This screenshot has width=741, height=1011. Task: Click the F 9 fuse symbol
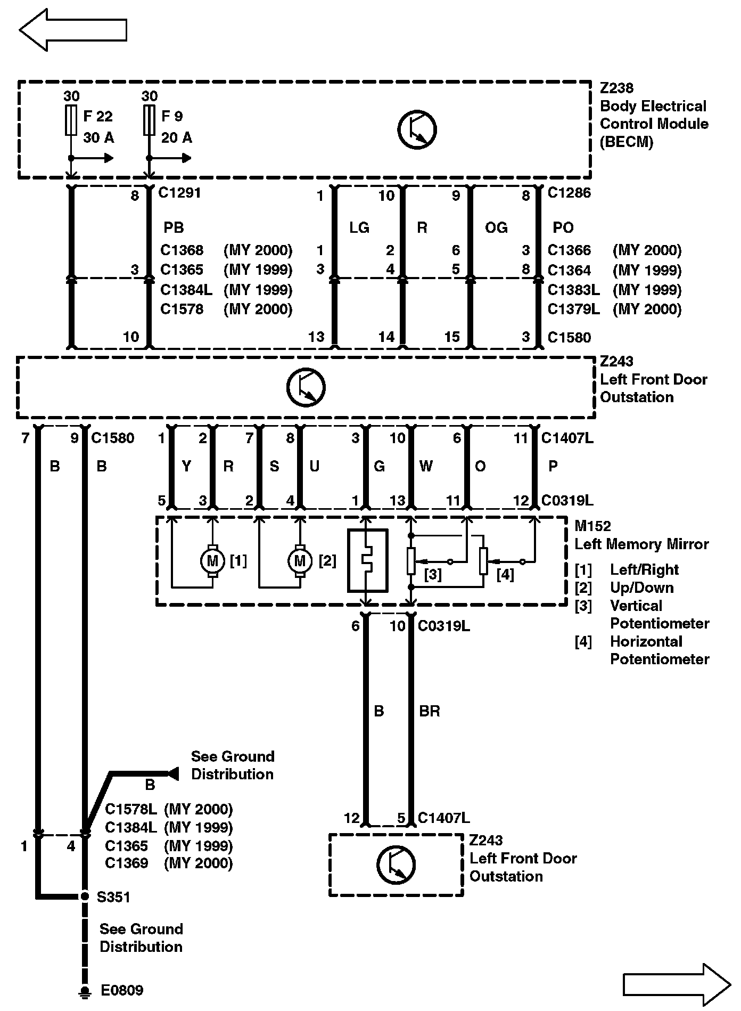pos(150,120)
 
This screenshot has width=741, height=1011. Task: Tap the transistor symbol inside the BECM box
pos(417,129)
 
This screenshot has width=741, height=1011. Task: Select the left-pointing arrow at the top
pos(73,30)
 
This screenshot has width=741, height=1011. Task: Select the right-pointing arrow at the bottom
pos(677,984)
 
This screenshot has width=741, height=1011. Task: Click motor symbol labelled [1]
pos(212,561)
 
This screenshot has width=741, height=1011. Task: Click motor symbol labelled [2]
pos(300,561)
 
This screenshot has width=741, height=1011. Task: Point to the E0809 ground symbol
pos(84,991)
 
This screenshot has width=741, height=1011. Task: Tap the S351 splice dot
pos(84,896)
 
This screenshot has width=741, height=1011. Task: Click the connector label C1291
pos(179,193)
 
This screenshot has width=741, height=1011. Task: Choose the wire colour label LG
pos(359,228)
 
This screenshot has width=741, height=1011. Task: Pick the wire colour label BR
pos(430,711)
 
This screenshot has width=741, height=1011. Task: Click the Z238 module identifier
pos(616,88)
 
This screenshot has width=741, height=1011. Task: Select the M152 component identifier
pos(592,526)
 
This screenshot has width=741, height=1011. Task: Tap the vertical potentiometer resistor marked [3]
pos(411,561)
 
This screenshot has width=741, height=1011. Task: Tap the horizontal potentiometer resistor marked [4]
pos(483,561)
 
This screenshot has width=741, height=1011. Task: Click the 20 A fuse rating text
pos(177,138)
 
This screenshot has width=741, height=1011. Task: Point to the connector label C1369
pos(126,863)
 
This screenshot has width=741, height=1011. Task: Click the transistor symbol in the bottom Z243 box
pos(396,865)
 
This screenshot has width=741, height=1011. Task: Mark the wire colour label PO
pos(563,228)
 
